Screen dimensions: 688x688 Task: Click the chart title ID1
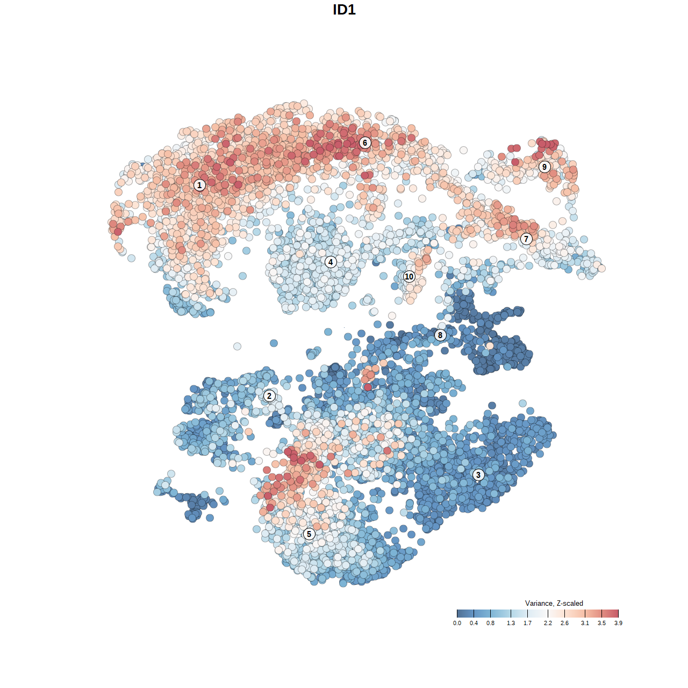[x=344, y=10]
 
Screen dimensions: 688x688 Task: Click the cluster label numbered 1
[x=199, y=185]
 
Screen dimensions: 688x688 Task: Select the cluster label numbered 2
[x=269, y=396]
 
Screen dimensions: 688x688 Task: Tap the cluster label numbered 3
[x=478, y=475]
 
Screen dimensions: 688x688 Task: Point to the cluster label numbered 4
[x=331, y=262]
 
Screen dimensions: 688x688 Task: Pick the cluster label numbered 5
[x=309, y=534]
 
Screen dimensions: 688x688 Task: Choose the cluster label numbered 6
[x=365, y=142]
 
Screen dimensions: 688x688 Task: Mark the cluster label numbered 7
[x=526, y=239]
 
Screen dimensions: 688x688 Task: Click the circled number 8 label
[x=440, y=335]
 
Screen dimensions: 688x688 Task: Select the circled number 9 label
[x=544, y=167]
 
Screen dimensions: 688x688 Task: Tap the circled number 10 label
[x=409, y=277]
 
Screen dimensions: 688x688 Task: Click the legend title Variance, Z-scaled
[x=554, y=603]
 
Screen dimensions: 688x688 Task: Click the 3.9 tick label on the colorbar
[x=618, y=623]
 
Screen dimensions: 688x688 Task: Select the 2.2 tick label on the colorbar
[x=548, y=623]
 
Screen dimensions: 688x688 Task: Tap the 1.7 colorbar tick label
[x=527, y=623]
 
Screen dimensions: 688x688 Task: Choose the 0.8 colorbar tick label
[x=490, y=623]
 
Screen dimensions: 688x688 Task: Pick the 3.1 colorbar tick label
[x=585, y=623]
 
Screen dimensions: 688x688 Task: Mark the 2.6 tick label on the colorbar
[x=564, y=623]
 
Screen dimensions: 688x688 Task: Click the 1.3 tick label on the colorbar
[x=511, y=623]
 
